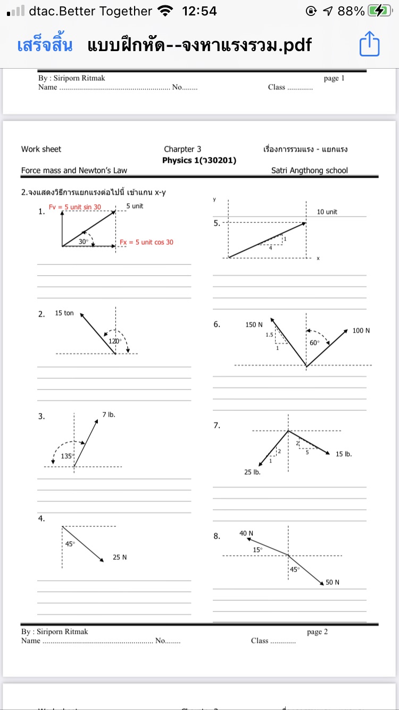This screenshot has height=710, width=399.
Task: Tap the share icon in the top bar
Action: pos(369,45)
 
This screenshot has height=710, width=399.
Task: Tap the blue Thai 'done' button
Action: pos(45,45)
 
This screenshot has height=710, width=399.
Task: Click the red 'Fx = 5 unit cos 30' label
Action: pos(146,242)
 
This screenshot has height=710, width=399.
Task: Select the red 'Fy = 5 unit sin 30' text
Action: pos(75,207)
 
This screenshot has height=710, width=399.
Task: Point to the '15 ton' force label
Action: pos(64,313)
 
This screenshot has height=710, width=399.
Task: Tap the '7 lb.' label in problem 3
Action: pos(109,414)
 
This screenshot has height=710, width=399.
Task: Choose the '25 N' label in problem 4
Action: pos(120,557)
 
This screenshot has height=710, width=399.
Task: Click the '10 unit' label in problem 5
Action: pos(327,212)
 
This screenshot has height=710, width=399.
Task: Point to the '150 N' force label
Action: pos(254,325)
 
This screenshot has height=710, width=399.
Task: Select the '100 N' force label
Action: pos(361,331)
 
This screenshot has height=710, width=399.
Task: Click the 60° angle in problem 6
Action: pos(315,342)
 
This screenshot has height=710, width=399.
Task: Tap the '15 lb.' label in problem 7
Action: pos(344,454)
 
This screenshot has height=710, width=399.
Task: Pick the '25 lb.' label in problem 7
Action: pos(252,472)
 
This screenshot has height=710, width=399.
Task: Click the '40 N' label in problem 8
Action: pos(246,533)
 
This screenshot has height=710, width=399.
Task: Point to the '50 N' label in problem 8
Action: pos(332,582)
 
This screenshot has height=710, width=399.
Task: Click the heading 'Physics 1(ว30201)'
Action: pos(199,160)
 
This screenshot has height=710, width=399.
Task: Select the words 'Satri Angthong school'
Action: pos(309,170)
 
